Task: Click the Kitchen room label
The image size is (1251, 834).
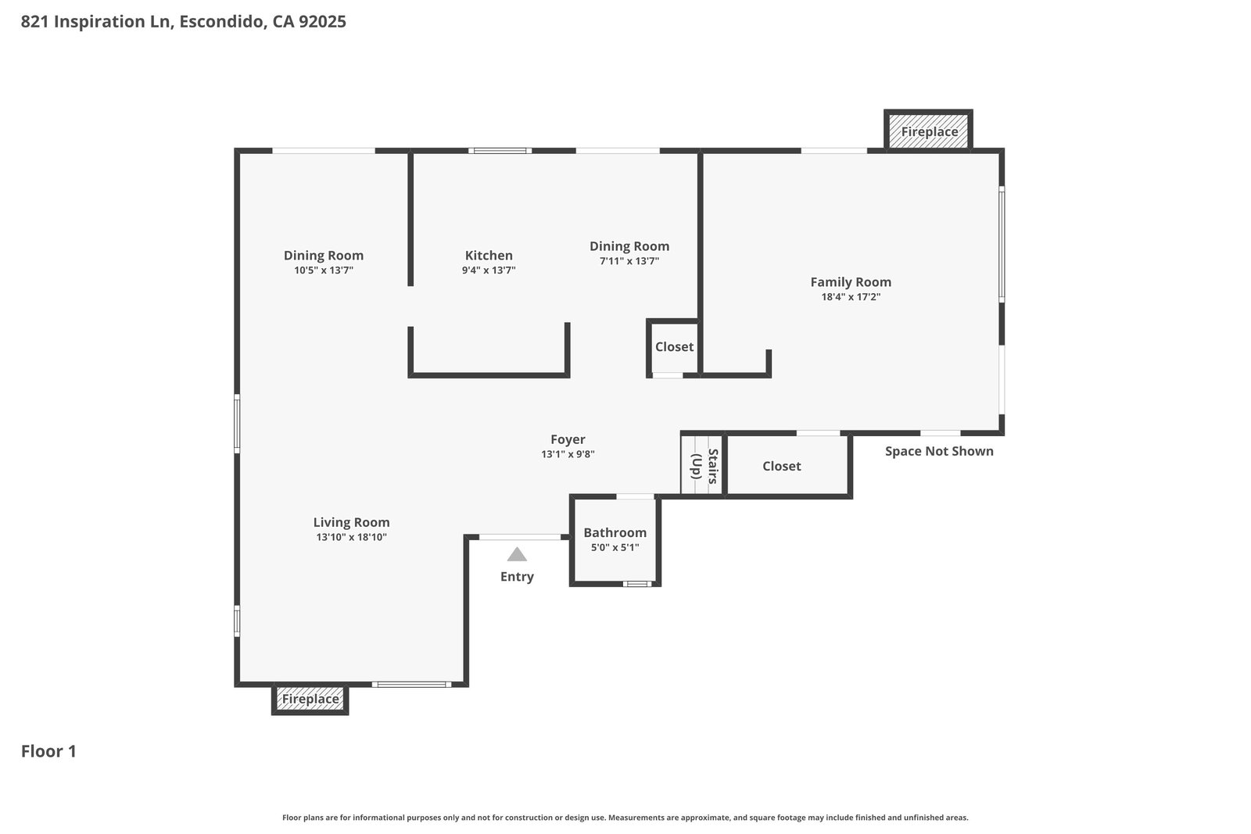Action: pyautogui.click(x=489, y=255)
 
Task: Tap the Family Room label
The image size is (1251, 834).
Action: pyautogui.click(x=851, y=282)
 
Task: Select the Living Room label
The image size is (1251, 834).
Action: pyautogui.click(x=351, y=522)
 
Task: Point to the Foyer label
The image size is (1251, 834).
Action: pyautogui.click(x=568, y=440)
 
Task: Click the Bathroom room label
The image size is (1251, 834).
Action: pyautogui.click(x=615, y=532)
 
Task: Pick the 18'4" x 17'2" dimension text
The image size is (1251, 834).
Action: pyautogui.click(x=851, y=297)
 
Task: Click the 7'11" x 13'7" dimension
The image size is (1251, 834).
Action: pyautogui.click(x=629, y=261)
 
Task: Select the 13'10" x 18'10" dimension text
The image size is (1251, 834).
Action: pyautogui.click(x=351, y=537)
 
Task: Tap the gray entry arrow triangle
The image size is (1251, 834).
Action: pyautogui.click(x=517, y=554)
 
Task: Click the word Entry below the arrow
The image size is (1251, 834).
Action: pyautogui.click(x=517, y=577)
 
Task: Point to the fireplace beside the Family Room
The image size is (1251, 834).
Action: pyautogui.click(x=928, y=131)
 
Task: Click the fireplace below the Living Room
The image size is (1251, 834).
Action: pyautogui.click(x=310, y=700)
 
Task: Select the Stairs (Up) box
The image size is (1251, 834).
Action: pyautogui.click(x=703, y=464)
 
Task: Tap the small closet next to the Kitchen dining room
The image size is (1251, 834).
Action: pyautogui.click(x=673, y=348)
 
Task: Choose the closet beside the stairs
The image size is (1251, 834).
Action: pyautogui.click(x=787, y=465)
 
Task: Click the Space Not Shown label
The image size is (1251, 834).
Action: pyautogui.click(x=939, y=451)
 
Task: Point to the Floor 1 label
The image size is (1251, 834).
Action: pyautogui.click(x=48, y=751)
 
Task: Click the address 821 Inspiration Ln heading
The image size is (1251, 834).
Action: pyautogui.click(x=183, y=22)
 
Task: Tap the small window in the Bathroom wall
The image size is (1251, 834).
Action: pyautogui.click(x=637, y=584)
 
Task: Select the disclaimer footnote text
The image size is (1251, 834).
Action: pyautogui.click(x=625, y=818)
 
